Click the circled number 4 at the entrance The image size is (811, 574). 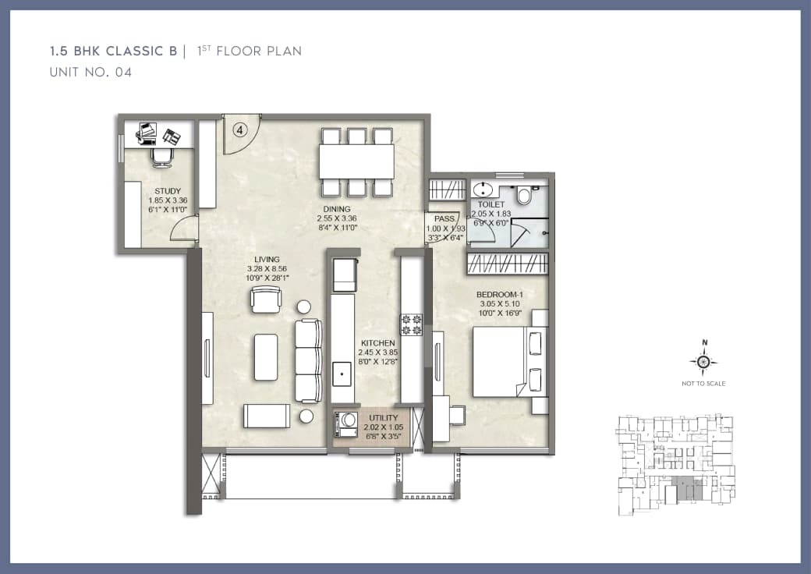point(240,131)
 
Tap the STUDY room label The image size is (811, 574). point(168,191)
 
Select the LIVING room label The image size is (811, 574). point(266,260)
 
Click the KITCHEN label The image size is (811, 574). point(377,343)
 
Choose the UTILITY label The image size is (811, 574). point(384,419)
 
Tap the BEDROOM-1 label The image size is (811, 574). point(499,295)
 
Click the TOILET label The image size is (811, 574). point(491,204)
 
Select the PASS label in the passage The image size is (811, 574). point(444,219)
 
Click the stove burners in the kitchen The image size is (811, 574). point(411,324)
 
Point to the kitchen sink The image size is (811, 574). point(342,374)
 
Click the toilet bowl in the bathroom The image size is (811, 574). point(523,194)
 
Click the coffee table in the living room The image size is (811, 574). point(266,357)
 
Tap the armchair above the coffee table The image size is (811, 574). point(265,299)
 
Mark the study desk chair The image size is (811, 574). point(162,158)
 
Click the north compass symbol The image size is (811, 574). point(704,361)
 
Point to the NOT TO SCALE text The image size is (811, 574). point(704,384)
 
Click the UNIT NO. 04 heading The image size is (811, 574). point(90,73)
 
